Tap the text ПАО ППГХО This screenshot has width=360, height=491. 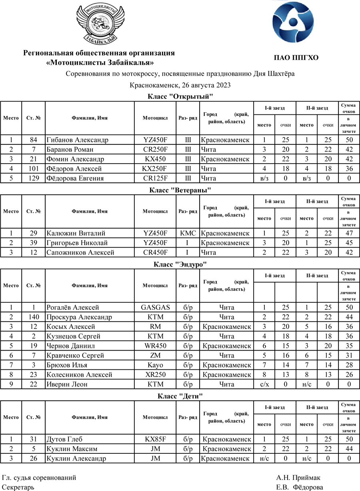point(296,58)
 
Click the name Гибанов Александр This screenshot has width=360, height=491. point(77,140)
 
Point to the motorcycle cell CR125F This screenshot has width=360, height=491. point(155,178)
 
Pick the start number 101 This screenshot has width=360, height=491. point(34,169)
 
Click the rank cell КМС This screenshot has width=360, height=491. point(188,233)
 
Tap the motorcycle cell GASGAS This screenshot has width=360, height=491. point(155,307)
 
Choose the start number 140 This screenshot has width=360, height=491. point(34,317)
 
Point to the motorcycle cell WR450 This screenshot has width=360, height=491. point(155,346)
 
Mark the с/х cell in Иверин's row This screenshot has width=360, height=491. point(264,384)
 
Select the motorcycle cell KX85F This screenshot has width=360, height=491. point(155,439)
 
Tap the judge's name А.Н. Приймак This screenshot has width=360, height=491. point(298,478)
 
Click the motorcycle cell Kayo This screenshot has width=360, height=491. point(155,365)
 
